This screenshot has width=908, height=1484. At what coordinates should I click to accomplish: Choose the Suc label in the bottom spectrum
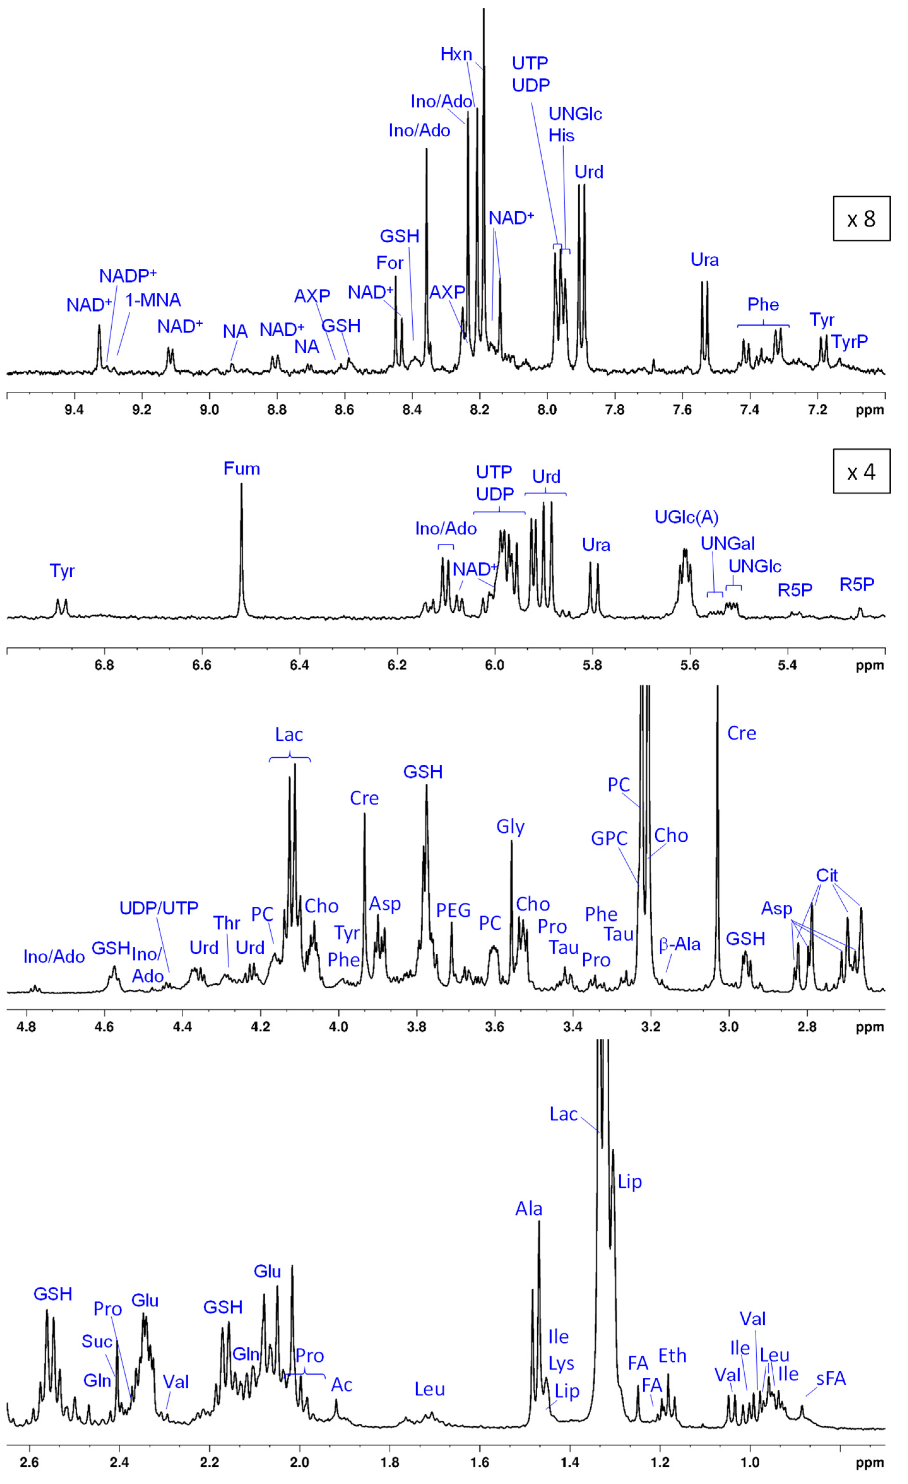click(97, 1341)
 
